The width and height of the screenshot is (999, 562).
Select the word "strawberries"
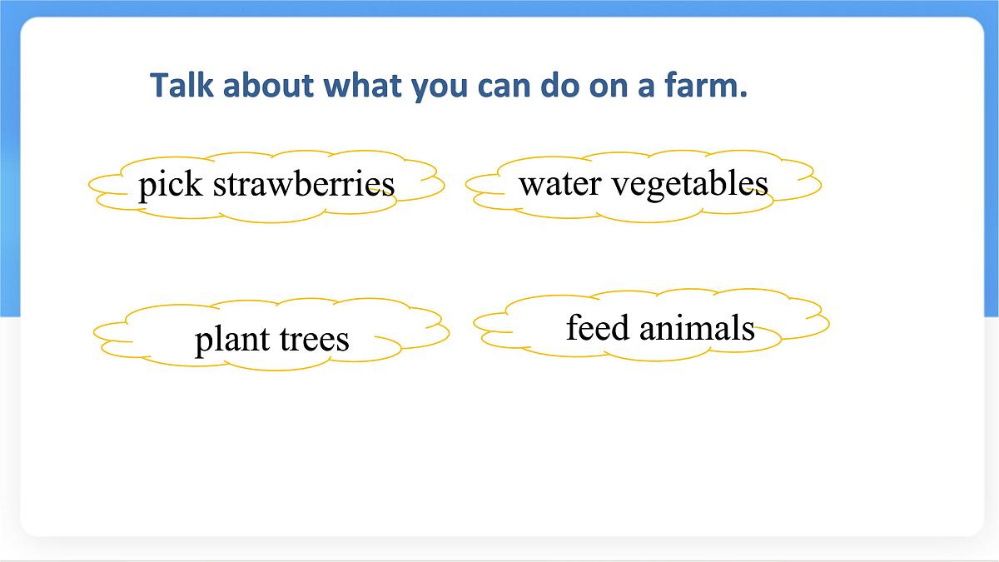(x=304, y=184)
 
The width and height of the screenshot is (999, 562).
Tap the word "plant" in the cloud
(x=230, y=340)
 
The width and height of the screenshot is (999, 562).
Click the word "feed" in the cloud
(x=597, y=327)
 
